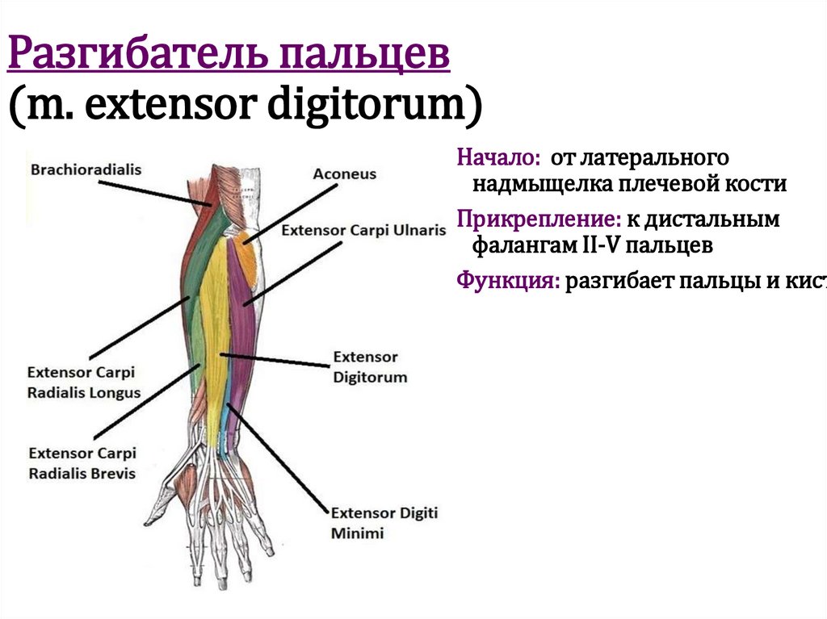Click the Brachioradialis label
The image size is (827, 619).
coord(86,170)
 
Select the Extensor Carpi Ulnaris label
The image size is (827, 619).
coord(363,230)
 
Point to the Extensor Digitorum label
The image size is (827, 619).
coord(370,366)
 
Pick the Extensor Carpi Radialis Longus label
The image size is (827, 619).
coord(84,383)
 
